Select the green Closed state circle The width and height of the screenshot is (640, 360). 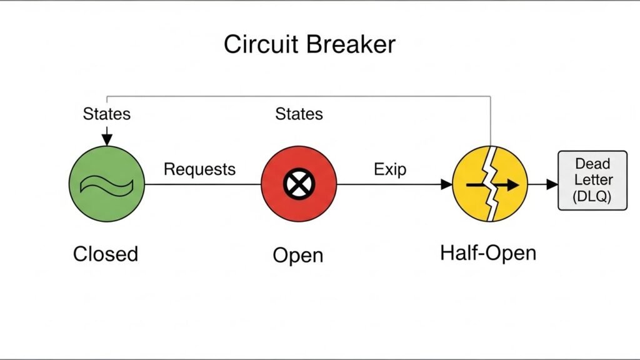pyautogui.click(x=106, y=184)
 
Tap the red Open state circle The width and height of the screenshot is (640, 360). pyautogui.click(x=299, y=184)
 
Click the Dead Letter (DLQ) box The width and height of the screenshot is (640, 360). pyautogui.click(x=592, y=180)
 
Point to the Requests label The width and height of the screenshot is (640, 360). pyautogui.click(x=199, y=169)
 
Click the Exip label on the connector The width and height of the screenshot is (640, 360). pyautogui.click(x=391, y=169)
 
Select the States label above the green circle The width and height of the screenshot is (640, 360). pyautogui.click(x=106, y=114)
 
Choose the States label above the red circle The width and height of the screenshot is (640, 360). pyautogui.click(x=299, y=114)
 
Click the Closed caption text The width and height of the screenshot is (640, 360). pyautogui.click(x=106, y=254)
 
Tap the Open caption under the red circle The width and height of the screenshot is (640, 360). pyautogui.click(x=298, y=255)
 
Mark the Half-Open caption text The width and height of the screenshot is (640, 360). pyautogui.click(x=488, y=253)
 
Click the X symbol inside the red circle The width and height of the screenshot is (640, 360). pyautogui.click(x=299, y=184)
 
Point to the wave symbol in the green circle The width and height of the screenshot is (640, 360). pyautogui.click(x=106, y=184)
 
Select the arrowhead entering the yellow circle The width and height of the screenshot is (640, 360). pyautogui.click(x=446, y=184)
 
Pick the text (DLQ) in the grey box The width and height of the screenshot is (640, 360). pyautogui.click(x=592, y=196)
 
